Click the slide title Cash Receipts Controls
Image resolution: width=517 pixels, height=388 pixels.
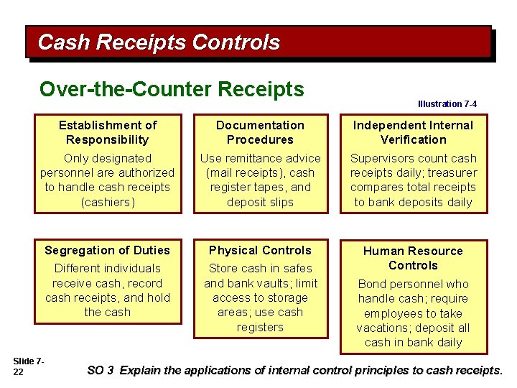[x=159, y=42]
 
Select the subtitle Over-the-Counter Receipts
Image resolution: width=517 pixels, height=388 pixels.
[x=172, y=89]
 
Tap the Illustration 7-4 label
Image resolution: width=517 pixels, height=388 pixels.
[x=447, y=104]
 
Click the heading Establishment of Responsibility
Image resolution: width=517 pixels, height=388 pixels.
[x=107, y=132]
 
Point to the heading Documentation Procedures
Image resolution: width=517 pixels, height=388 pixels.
[x=260, y=132]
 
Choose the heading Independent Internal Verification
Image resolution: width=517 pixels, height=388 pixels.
[x=413, y=132]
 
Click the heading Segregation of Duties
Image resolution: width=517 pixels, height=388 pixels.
[x=107, y=250]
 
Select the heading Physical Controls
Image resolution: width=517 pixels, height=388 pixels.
[x=260, y=250]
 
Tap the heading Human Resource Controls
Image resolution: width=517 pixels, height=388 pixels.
[x=413, y=258]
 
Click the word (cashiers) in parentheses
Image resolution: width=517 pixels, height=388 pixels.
[x=107, y=202]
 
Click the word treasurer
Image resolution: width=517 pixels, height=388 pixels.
[x=445, y=172]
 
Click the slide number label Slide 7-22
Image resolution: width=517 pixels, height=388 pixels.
[x=29, y=364]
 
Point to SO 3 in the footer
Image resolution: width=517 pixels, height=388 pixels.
[x=101, y=371]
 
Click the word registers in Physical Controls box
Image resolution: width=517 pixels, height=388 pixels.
[x=260, y=327]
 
